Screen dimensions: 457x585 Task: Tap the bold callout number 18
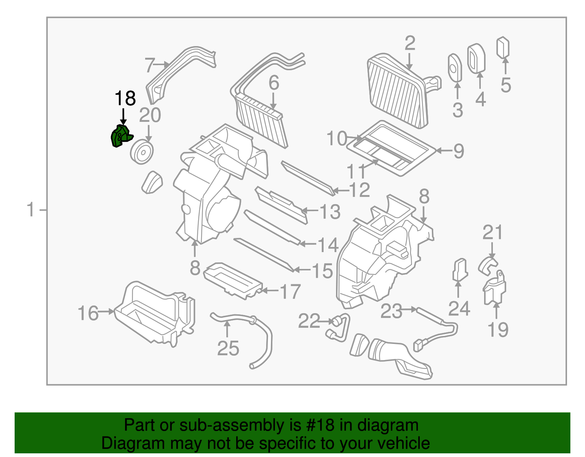point(125,98)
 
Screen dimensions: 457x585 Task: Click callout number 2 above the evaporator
point(410,44)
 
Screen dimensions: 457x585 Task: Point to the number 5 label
point(506,85)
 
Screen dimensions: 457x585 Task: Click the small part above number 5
point(503,47)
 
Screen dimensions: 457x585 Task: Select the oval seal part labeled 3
point(455,68)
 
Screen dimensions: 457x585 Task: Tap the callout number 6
point(274,83)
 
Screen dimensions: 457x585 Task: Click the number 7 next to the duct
point(150,65)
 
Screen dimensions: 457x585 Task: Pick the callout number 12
point(360,190)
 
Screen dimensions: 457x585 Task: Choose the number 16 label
point(88,314)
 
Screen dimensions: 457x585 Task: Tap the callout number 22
point(309,322)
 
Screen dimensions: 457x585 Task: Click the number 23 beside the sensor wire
point(391,311)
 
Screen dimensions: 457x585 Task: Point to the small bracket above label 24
point(460,270)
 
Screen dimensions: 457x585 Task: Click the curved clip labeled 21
point(488,265)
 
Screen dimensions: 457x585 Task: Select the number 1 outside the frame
point(31,210)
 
